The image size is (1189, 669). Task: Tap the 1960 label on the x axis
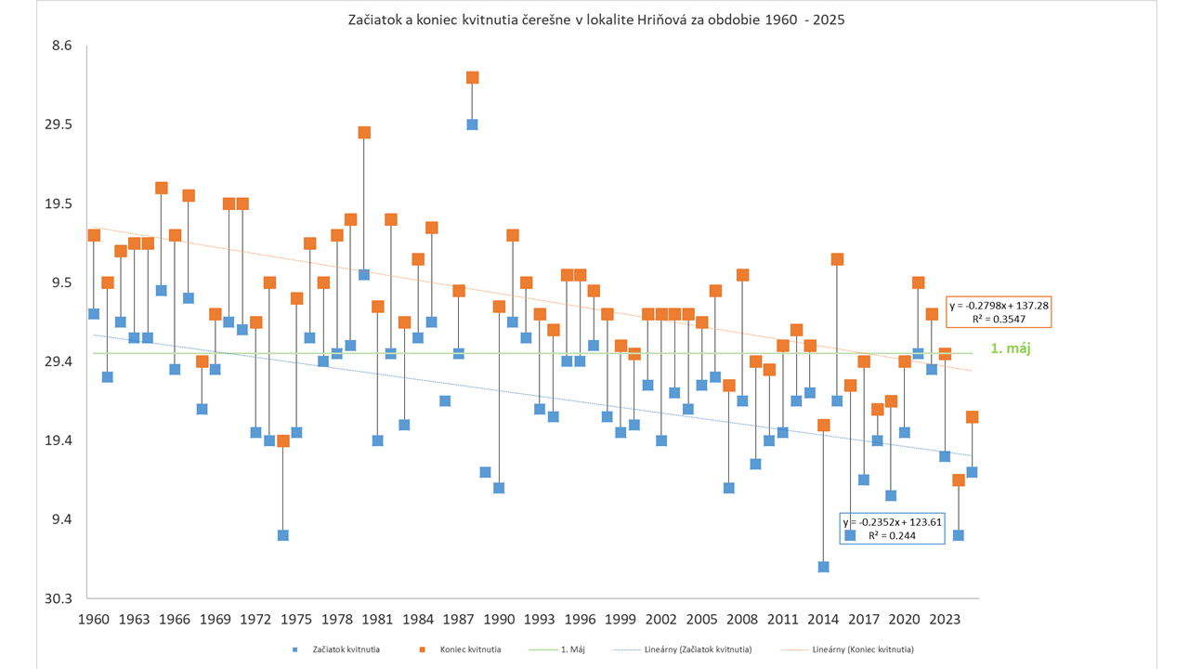point(92,620)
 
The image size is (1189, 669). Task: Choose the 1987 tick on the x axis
point(459,620)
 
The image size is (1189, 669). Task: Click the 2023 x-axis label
point(946,620)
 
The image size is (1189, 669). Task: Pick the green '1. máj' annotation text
point(1013,349)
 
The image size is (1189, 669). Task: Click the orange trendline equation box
point(1000,312)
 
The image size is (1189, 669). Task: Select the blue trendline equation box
point(892,529)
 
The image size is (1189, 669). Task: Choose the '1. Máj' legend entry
point(571,649)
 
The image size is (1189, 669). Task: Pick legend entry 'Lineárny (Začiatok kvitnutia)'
point(697,649)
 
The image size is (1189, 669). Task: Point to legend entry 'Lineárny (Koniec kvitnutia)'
point(862,649)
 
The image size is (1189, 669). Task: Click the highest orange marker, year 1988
point(472,78)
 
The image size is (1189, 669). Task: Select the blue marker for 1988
point(472,125)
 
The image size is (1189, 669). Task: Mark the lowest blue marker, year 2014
point(824,567)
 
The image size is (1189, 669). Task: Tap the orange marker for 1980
point(364,133)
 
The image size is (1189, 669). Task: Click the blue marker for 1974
point(283,535)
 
